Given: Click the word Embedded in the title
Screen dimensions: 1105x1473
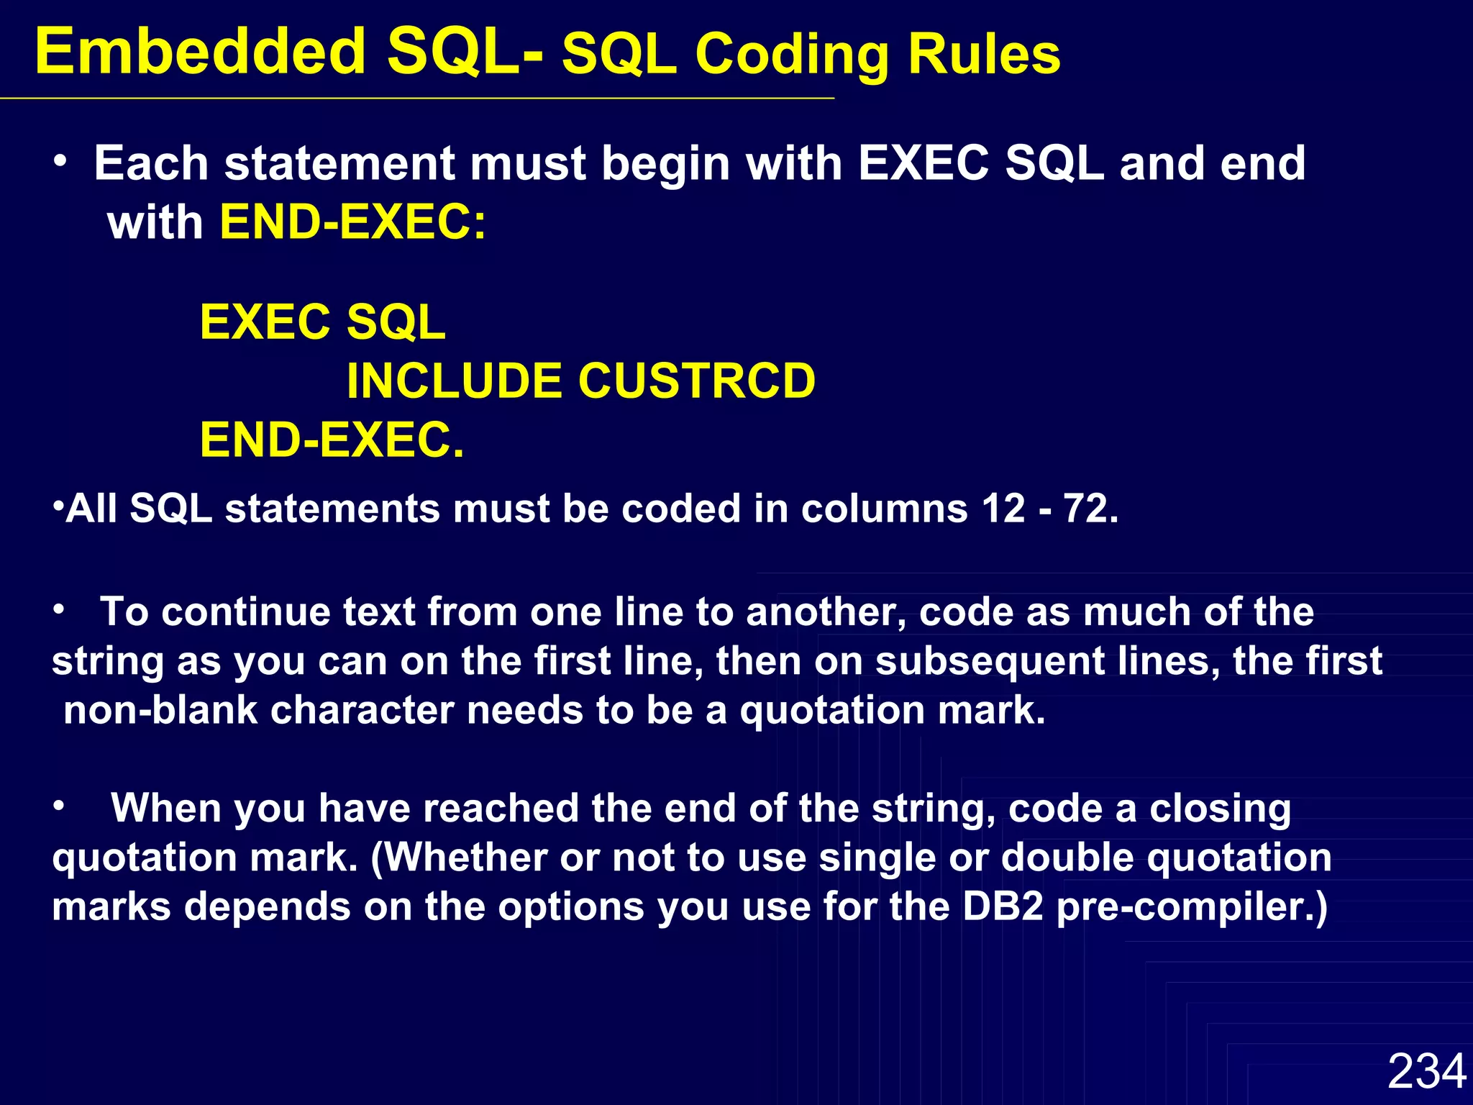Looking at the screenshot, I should click(x=200, y=52).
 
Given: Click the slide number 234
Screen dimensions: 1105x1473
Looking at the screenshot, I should click(x=1426, y=1071).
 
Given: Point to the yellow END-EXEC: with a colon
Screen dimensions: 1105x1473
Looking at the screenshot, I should click(x=352, y=222).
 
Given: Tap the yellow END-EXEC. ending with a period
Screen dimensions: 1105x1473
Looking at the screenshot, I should click(x=332, y=440).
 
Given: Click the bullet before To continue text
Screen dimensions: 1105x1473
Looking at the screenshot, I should click(x=59, y=610).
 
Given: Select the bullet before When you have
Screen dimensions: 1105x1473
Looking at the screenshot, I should click(x=59, y=806).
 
